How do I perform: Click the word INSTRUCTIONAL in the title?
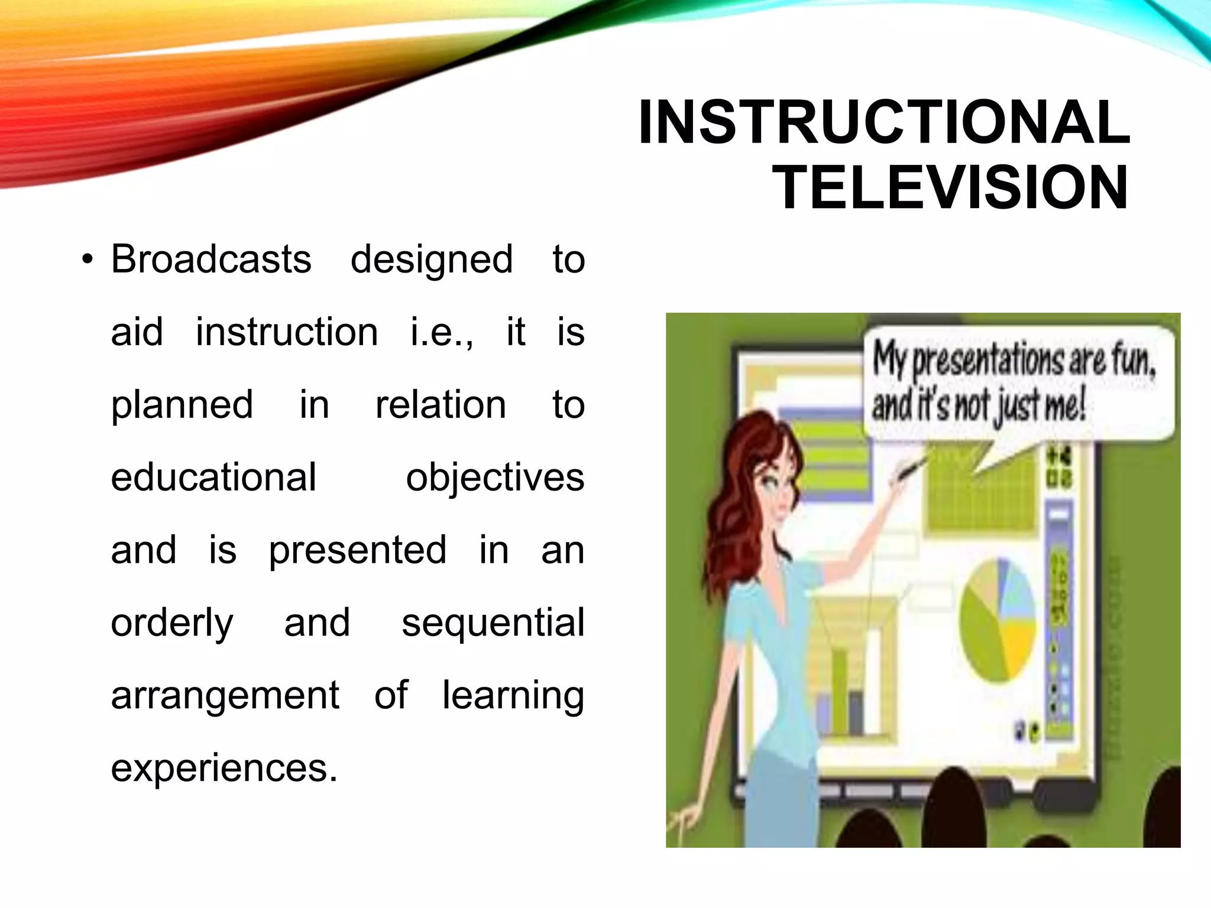point(884,122)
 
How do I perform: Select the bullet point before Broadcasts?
point(88,260)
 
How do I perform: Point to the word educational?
point(213,477)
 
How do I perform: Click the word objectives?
point(494,478)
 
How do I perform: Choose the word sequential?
point(493,622)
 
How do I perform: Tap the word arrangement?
point(225,696)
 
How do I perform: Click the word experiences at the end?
point(224,768)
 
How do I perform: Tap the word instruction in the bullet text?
point(287,332)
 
